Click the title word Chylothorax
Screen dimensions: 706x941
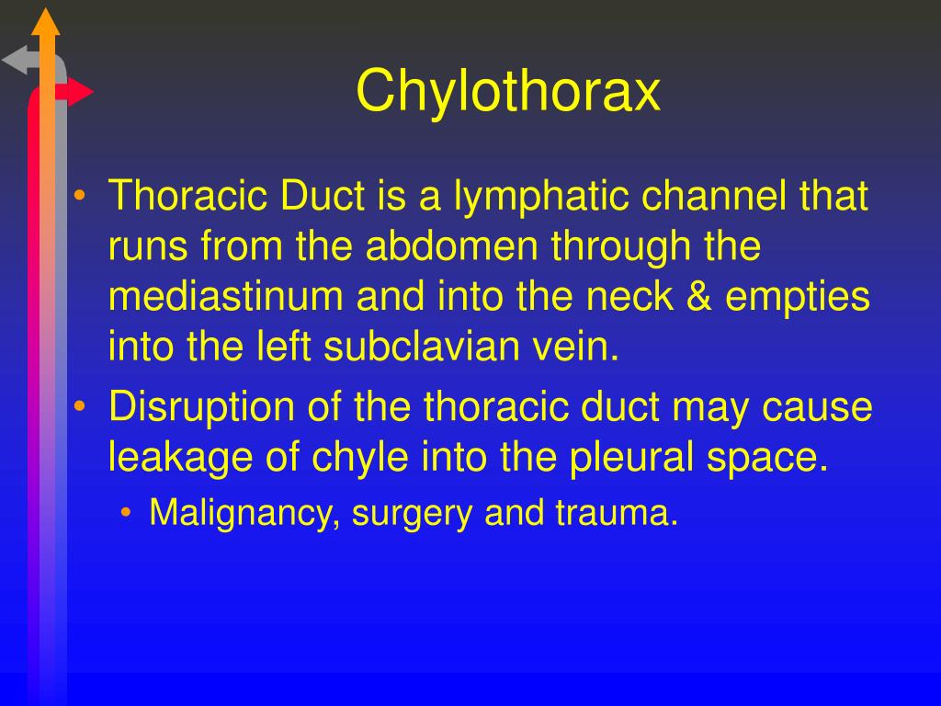(508, 91)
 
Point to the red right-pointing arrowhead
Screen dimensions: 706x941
(81, 92)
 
